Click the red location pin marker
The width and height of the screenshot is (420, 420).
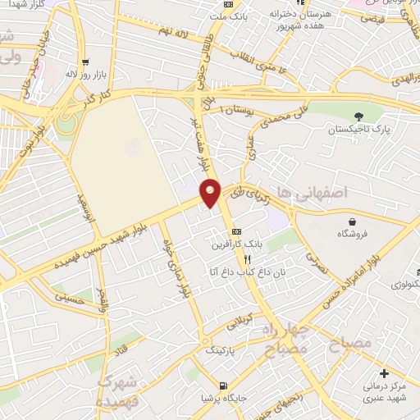click(211, 192)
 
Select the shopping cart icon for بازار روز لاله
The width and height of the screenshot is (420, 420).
click(85, 62)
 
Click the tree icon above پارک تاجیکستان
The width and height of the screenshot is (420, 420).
click(357, 116)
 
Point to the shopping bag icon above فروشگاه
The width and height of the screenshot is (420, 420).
click(352, 221)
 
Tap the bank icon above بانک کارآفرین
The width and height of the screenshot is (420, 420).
click(236, 231)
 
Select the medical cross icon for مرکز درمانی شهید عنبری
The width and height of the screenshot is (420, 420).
click(383, 374)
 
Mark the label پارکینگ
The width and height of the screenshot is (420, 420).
click(221, 348)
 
